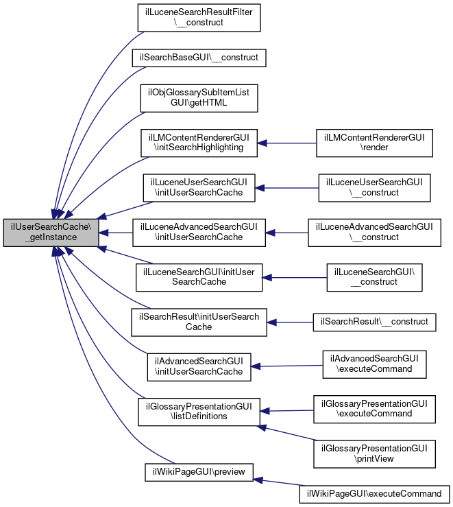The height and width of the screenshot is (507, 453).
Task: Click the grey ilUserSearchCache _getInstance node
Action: tap(51, 233)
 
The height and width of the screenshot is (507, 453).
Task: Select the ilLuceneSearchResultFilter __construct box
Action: tap(199, 17)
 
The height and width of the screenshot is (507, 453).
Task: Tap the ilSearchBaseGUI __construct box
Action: tap(199, 58)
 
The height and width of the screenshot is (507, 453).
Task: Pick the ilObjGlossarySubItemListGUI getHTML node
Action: tap(199, 98)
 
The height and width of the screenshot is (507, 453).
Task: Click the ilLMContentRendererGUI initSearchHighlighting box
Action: tap(199, 143)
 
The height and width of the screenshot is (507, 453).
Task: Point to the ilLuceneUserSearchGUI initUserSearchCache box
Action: tap(199, 188)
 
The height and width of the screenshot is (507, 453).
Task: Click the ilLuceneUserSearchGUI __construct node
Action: tap(374, 188)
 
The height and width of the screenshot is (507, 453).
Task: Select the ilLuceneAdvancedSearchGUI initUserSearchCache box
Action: tap(199, 233)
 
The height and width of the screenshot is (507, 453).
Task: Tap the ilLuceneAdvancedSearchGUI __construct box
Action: tap(374, 233)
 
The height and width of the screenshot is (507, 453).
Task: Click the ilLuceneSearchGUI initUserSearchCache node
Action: tap(199, 277)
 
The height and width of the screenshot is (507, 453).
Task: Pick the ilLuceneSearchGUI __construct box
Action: tap(374, 277)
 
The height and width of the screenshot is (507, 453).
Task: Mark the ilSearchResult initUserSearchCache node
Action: tap(199, 322)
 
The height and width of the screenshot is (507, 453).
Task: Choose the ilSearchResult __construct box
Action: tap(374, 322)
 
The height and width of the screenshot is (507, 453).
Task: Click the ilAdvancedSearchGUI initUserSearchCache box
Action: tap(199, 366)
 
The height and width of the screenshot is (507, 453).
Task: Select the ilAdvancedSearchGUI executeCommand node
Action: tap(374, 364)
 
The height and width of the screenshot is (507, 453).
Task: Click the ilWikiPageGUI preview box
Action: tap(199, 472)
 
